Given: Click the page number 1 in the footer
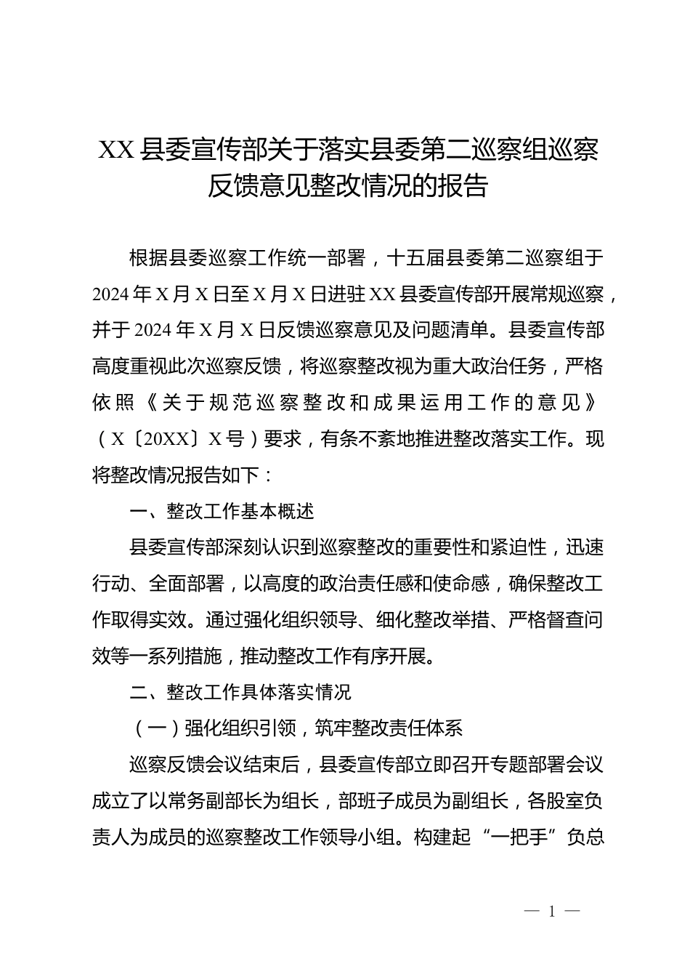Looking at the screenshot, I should click(552, 912).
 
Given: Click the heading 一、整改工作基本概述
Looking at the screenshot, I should click(222, 512).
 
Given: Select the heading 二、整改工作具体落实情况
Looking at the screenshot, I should click(240, 693).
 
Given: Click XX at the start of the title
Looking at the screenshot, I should click(115, 150).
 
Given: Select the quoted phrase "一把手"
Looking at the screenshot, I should click(519, 837).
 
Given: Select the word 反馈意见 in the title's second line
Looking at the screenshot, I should click(258, 187).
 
